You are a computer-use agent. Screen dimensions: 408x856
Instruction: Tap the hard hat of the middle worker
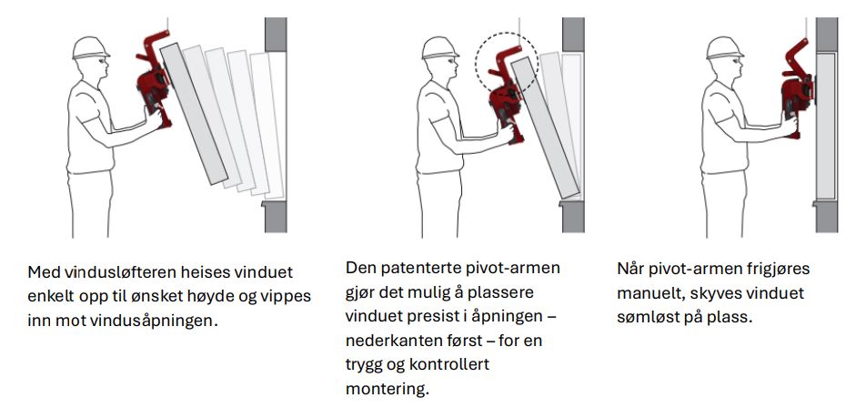click(x=438, y=46)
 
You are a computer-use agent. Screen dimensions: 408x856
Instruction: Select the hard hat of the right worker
click(x=722, y=46)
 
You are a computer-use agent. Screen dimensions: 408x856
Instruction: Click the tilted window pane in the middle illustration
click(x=547, y=128)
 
